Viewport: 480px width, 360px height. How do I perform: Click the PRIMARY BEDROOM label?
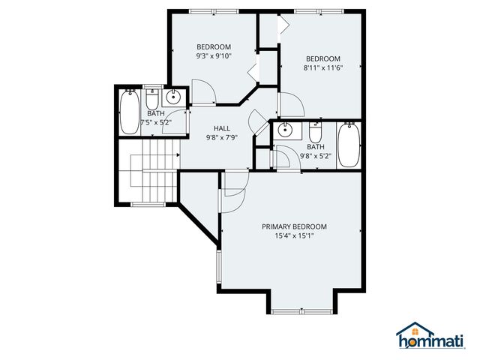pyautogui.click(x=294, y=226)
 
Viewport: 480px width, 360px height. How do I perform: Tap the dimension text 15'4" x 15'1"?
pyautogui.click(x=294, y=235)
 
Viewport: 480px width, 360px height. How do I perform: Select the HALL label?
pyautogui.click(x=221, y=128)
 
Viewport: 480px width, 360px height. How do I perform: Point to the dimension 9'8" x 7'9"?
pyautogui.click(x=221, y=137)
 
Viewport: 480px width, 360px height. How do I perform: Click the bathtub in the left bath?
pyautogui.click(x=130, y=112)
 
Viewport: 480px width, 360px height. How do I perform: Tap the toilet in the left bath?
pyautogui.click(x=152, y=100)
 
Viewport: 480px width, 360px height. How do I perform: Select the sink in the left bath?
pyautogui.click(x=174, y=97)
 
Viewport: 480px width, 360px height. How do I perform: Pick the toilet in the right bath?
pyautogui.click(x=315, y=133)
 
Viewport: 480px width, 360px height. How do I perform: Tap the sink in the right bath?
pyautogui.click(x=284, y=131)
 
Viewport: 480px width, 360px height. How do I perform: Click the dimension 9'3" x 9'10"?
pyautogui.click(x=214, y=55)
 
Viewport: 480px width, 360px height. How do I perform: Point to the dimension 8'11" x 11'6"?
pyautogui.click(x=322, y=68)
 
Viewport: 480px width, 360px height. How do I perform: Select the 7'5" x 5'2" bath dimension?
pyautogui.click(x=155, y=122)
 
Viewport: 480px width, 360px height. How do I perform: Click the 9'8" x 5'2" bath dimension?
pyautogui.click(x=315, y=156)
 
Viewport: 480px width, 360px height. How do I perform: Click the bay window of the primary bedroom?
pyautogui.click(x=298, y=311)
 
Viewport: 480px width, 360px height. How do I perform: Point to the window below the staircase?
pyautogui.click(x=148, y=204)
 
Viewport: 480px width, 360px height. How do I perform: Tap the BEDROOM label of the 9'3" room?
pyautogui.click(x=214, y=46)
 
